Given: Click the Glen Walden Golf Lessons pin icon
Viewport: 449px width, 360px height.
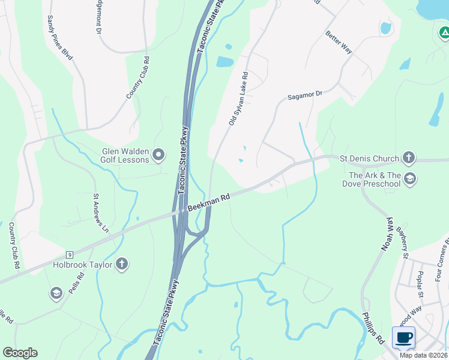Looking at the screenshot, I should pos(158,155).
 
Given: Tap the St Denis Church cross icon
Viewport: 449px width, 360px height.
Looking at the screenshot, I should pos(408,158).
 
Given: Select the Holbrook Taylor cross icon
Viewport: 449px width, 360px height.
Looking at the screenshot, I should pos(121,263).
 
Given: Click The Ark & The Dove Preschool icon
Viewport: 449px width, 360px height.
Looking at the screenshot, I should pos(410,178).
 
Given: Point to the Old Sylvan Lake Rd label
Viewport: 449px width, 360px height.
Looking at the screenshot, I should pos(238,99).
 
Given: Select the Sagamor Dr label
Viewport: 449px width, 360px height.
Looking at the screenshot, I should pos(305,95).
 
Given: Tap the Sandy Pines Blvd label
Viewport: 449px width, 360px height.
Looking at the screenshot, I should pos(60,38).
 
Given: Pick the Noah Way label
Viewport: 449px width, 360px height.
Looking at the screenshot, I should pos(386,234).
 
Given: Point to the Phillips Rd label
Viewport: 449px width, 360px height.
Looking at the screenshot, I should pos(373,328).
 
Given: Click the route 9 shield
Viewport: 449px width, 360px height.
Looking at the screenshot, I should pos(70,256).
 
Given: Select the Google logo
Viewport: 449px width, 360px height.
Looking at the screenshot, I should pos(20,353).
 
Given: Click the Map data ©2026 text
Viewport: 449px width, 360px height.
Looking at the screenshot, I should pos(423,355).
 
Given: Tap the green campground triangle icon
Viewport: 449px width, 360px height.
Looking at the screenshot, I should pos(444,32).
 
